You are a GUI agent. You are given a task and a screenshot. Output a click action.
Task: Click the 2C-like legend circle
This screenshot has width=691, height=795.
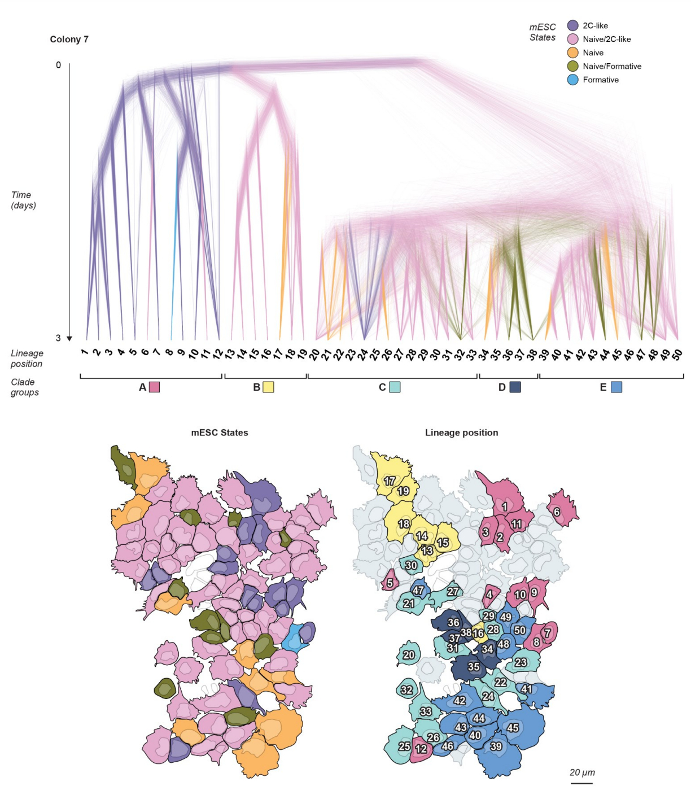(x=572, y=25)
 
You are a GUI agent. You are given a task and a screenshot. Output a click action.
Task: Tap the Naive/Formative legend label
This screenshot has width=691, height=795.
(x=612, y=66)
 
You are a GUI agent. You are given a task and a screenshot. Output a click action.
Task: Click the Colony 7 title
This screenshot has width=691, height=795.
(x=69, y=39)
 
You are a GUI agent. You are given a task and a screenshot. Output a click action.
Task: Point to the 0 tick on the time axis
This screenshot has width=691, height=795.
(x=58, y=65)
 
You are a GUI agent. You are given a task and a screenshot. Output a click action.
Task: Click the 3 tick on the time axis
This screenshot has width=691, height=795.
(x=58, y=338)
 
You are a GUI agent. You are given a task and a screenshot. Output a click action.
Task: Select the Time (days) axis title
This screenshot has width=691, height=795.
(x=23, y=200)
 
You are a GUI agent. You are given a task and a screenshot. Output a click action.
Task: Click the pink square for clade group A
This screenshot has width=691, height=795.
(x=154, y=387)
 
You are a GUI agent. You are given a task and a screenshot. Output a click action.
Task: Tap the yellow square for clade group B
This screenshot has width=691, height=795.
(x=268, y=387)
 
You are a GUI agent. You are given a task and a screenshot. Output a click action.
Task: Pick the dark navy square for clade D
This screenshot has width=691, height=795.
(x=515, y=387)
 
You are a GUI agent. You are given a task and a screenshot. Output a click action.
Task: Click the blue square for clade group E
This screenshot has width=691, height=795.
(x=616, y=387)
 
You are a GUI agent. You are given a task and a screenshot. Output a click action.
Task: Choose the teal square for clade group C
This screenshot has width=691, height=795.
(x=395, y=387)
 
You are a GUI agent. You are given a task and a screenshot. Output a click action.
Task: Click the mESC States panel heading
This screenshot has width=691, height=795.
(x=220, y=433)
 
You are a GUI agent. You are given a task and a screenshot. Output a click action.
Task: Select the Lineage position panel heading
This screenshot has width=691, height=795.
(x=461, y=433)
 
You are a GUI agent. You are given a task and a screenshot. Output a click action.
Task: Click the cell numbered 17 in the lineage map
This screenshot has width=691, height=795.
(x=390, y=481)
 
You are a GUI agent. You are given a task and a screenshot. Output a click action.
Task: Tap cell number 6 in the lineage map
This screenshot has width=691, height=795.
(x=557, y=512)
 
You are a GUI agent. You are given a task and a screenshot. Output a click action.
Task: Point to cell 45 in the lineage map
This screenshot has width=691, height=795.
(x=513, y=728)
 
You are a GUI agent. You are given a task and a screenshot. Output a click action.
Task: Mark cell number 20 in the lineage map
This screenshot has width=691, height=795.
(x=409, y=655)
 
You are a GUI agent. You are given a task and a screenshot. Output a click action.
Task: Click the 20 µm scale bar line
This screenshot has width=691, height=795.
(x=581, y=783)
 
